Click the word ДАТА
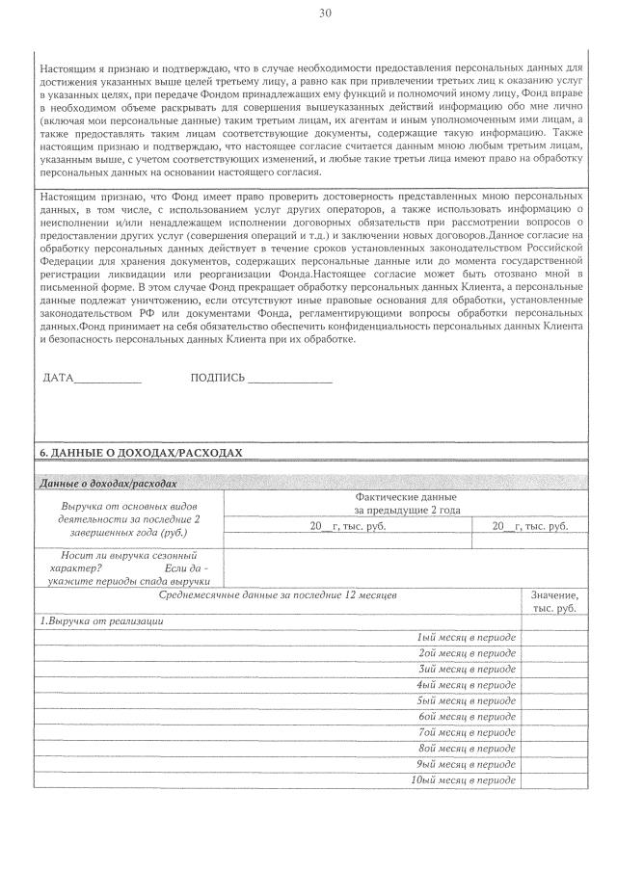[58, 377]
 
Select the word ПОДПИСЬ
[218, 377]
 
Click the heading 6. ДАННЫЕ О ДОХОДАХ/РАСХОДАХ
[139, 452]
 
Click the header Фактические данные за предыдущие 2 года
[406, 503]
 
